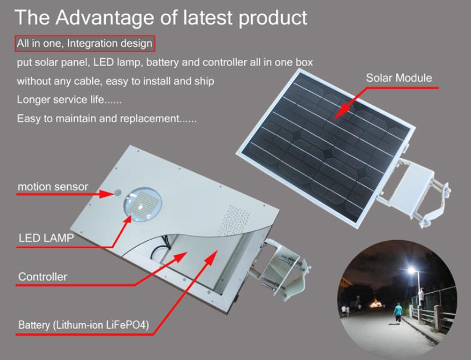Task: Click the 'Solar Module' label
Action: [398, 78]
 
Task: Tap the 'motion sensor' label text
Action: [53, 187]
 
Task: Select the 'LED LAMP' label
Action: [46, 238]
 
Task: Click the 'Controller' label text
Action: [43, 276]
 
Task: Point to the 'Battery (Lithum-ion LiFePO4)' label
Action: [83, 325]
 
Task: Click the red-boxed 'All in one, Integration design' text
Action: [85, 44]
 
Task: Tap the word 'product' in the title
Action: [273, 18]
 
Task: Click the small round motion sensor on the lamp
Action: [117, 192]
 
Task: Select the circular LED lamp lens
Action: [142, 204]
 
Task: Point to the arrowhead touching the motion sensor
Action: [107, 194]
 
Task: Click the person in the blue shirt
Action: [398, 313]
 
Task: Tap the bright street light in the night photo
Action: [412, 270]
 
